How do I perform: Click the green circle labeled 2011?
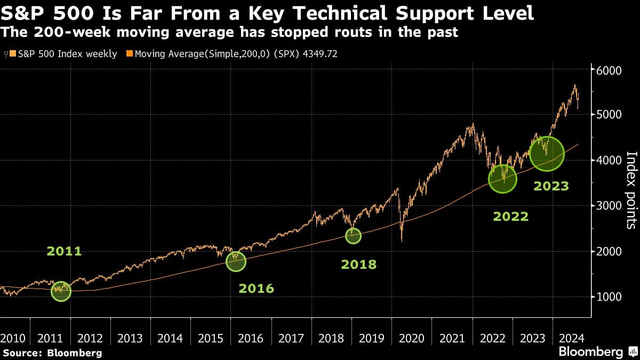pos(61,291)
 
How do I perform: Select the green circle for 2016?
pos(236,261)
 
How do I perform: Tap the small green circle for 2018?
pos(353,235)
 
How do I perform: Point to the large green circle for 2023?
pos(547,154)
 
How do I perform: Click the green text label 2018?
pos(358,264)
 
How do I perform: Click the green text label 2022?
pos(510,217)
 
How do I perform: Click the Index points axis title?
pos(630,190)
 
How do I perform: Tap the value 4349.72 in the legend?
pos(318,54)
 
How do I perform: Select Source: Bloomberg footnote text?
pos(52,353)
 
